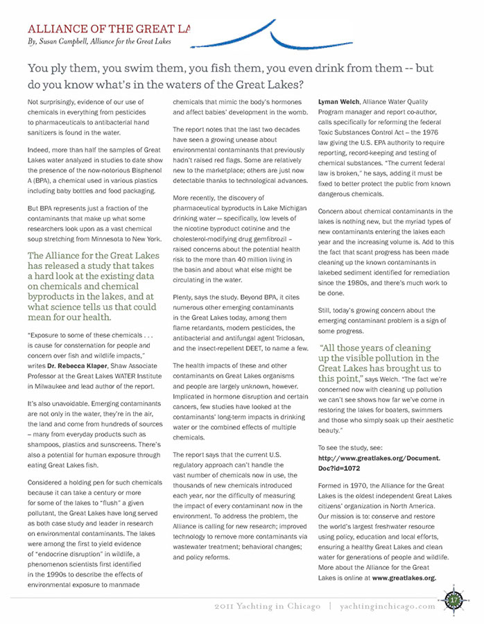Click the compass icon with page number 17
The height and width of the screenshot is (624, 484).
(454, 598)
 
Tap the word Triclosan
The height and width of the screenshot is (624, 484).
(284, 338)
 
